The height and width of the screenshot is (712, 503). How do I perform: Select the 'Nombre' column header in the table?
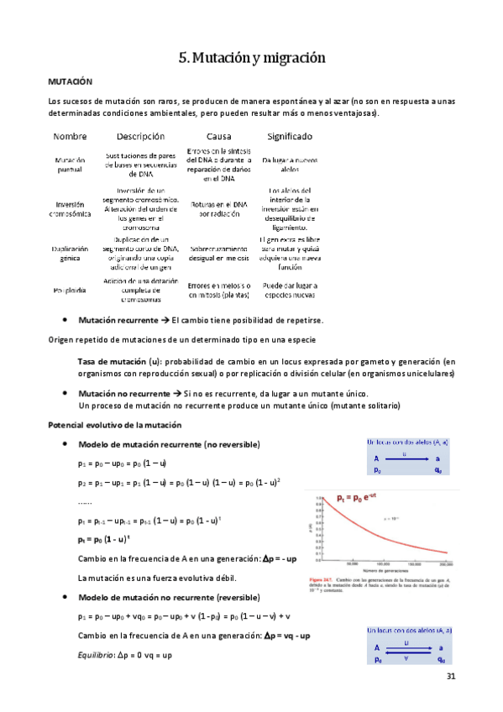coord(70,136)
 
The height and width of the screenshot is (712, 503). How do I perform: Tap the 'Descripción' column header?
coord(141,136)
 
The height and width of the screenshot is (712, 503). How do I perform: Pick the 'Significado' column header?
coord(289,136)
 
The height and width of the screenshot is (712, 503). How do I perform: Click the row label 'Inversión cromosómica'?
coord(70,208)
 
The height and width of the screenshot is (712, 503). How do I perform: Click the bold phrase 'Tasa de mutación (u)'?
coord(119,360)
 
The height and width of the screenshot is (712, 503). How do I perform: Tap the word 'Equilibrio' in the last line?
coord(95,653)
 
